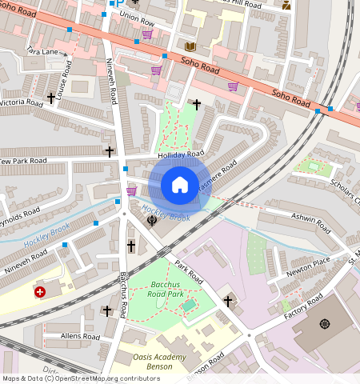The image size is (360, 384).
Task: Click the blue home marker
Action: tap(180, 185)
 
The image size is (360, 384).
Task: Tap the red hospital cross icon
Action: tap(40, 293)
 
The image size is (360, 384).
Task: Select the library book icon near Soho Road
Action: tap(190, 47)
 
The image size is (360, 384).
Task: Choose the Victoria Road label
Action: tap(22, 102)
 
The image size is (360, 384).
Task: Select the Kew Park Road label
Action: tap(24, 161)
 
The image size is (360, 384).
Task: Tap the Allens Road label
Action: tap(80, 337)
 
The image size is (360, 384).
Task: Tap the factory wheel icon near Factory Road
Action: tap(324, 323)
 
